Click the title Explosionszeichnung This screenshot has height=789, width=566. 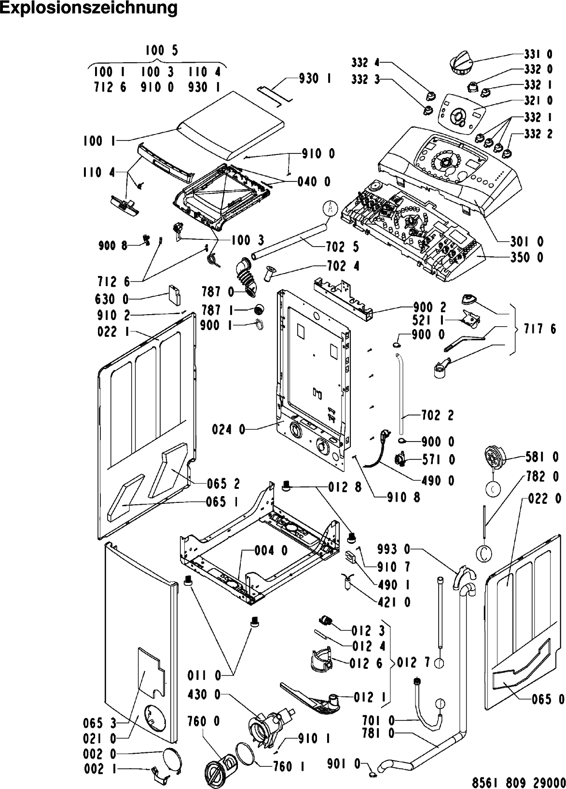click(x=89, y=8)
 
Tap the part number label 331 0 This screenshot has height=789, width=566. click(x=538, y=55)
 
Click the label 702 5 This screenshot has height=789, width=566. click(x=343, y=247)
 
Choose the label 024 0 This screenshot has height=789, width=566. click(x=229, y=429)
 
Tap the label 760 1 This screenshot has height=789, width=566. click(x=289, y=766)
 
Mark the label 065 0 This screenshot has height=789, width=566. click(x=547, y=699)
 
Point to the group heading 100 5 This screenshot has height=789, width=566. click(x=162, y=51)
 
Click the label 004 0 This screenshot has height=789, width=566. click(x=271, y=550)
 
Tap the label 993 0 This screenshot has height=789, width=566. click(x=394, y=549)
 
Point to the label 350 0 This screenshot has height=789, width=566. click(x=527, y=258)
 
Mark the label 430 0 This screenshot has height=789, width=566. click(x=204, y=694)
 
